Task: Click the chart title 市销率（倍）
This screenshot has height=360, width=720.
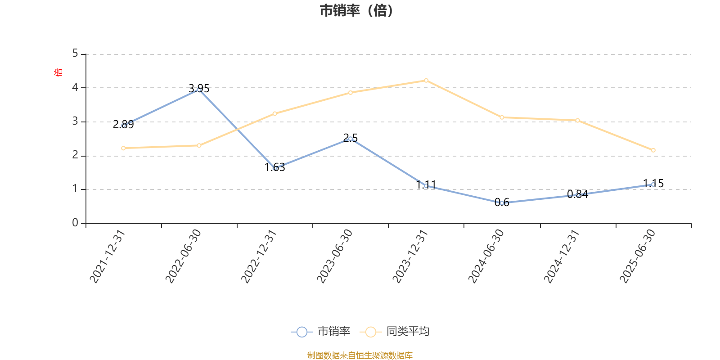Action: tap(356, 11)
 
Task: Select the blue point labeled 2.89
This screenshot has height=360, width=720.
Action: tap(124, 126)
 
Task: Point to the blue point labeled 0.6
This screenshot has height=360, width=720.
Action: tap(502, 203)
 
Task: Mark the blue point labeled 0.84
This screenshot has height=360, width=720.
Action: tap(577, 195)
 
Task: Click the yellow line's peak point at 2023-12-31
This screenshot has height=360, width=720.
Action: tap(426, 81)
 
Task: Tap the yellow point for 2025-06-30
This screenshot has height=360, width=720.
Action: tap(653, 150)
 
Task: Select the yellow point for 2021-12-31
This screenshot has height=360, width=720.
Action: tap(124, 148)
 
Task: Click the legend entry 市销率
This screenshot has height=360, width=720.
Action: tap(321, 332)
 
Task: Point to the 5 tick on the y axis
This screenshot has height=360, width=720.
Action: tap(75, 54)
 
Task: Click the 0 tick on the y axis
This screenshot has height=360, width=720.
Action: tap(75, 223)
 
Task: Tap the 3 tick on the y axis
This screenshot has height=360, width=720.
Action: tap(75, 121)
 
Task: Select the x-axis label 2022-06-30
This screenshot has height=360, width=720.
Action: tap(183, 256)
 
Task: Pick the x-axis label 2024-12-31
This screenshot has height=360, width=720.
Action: tap(562, 256)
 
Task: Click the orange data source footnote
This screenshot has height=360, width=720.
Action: tap(360, 355)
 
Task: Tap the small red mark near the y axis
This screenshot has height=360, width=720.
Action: tap(57, 72)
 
